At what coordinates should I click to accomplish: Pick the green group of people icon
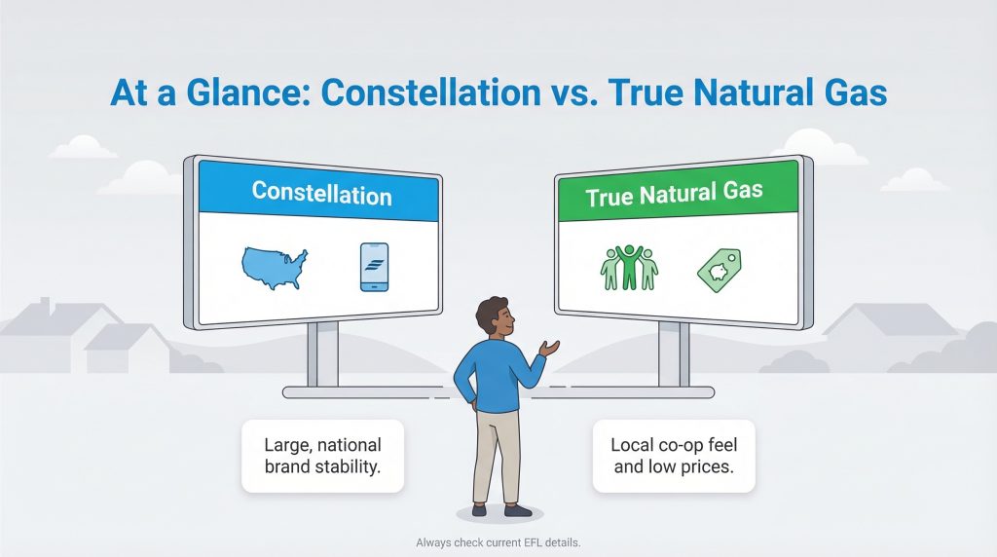pos(628,267)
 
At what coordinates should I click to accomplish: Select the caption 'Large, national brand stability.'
pos(321,455)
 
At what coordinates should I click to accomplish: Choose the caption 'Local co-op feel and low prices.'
pos(674,455)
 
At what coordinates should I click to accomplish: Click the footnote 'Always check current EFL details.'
pos(498,542)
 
